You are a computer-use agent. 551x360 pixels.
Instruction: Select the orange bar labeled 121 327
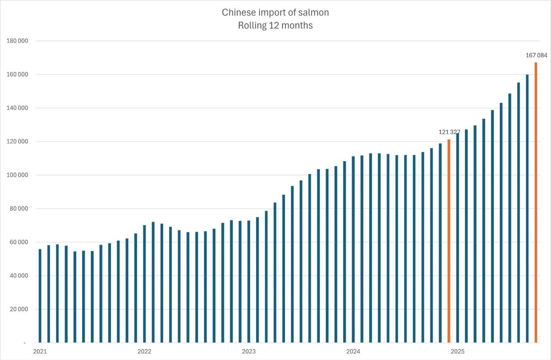coord(449,241)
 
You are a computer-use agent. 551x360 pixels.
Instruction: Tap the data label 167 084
coord(536,55)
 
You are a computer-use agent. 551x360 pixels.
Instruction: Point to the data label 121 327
coord(449,132)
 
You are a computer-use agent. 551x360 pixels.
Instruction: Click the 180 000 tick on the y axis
coord(17,41)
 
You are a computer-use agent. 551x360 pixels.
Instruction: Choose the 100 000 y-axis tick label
coord(17,175)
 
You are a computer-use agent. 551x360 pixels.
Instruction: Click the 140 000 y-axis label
coord(17,108)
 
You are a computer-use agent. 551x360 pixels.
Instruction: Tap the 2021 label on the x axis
coord(40,351)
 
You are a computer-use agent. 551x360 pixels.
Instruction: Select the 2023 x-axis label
coord(249,351)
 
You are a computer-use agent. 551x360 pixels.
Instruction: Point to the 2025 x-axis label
coord(457,351)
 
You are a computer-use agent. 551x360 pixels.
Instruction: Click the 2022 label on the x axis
coord(144,351)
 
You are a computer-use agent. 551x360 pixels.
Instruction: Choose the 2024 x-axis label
coord(353,351)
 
